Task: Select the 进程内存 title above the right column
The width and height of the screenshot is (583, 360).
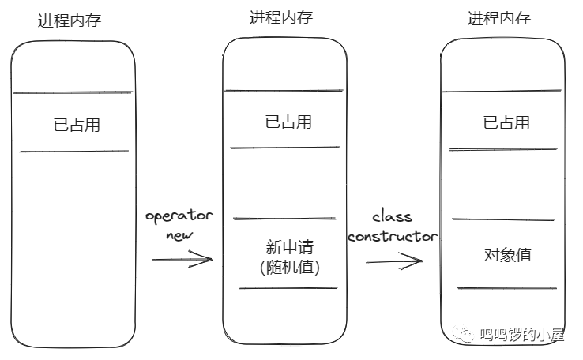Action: point(498,17)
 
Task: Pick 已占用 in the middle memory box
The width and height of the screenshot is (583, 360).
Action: point(288,122)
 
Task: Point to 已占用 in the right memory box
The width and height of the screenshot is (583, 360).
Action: point(506,122)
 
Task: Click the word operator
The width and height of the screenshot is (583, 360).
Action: point(179,216)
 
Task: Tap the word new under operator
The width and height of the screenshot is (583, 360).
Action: point(179,235)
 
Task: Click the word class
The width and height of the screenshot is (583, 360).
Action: point(392,216)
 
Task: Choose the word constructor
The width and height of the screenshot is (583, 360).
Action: point(393,236)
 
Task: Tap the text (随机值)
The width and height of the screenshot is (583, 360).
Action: point(289,268)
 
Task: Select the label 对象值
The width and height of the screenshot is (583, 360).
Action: point(507,255)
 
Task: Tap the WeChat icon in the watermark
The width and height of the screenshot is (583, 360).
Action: point(464,336)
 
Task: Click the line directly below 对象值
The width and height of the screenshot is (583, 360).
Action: point(502,288)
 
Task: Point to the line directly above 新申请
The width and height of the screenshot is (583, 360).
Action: point(285,219)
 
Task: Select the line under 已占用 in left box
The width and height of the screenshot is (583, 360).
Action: point(73,151)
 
